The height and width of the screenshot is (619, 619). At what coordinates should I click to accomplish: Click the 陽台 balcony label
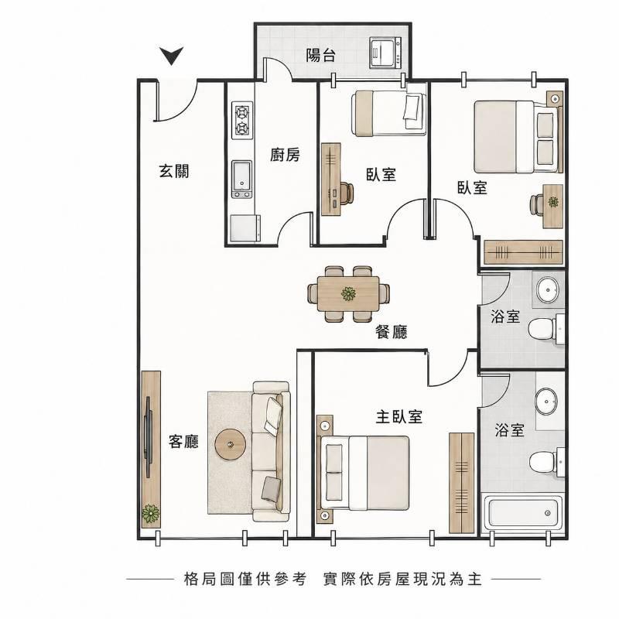pos(320,55)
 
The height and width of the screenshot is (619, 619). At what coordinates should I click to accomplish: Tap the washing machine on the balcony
pos(385,52)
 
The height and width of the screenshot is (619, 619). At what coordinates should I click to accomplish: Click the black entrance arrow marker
pos(171,56)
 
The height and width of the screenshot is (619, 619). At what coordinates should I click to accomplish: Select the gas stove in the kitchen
pos(242,121)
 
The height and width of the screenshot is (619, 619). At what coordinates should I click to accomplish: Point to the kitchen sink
pos(241,180)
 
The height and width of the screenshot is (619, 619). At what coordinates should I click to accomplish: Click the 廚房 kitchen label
pos(285,155)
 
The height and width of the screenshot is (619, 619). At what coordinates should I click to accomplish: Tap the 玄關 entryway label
pos(174,171)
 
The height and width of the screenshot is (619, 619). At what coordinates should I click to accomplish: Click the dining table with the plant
pos(348,294)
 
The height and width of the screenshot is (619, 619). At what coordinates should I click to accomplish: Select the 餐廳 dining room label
pos(391,332)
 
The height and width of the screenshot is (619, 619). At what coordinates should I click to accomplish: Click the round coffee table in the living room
pos(231,444)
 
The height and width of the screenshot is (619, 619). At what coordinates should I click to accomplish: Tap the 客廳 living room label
pos(183,441)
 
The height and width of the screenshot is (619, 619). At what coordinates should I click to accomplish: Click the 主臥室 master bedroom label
pos(399,416)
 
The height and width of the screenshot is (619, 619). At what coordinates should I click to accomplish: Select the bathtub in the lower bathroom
pos(523,512)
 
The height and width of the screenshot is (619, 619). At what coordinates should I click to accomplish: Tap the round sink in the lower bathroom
pos(546,401)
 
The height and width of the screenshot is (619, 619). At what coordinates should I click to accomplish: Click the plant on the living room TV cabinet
pos(151,514)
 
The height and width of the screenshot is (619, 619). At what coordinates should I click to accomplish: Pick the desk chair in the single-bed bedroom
pos(345,193)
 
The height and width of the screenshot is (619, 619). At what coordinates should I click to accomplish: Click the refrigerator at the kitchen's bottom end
pos(245,228)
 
